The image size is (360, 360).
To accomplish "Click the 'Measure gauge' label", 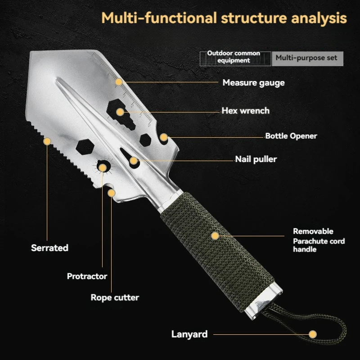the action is coord(253,83).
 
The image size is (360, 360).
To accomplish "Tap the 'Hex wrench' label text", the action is coord(245,111).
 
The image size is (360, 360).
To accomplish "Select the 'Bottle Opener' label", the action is coord(291,136).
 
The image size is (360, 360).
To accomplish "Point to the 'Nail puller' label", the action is coord(256,159).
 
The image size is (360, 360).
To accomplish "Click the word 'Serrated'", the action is coord(49,248).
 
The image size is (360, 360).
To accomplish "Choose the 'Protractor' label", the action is coord(87,276).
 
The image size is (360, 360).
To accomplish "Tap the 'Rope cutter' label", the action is coord(115,297).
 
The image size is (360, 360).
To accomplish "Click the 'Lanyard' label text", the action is coord(189,334).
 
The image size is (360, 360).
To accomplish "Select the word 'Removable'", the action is coord(313,231).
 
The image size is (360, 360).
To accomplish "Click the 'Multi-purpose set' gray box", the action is coord(308,59).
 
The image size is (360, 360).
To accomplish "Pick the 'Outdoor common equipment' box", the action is coord(235,59).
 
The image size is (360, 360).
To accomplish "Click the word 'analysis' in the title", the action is coord(319,18).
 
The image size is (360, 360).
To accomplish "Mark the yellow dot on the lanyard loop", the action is coord(312,334).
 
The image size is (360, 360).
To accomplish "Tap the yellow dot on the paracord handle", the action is coord(215,236).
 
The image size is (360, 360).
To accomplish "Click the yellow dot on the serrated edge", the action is coord(47,141).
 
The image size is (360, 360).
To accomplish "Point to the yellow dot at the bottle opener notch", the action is coord(164,137).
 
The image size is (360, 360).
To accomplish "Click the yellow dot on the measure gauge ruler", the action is coord(119,82).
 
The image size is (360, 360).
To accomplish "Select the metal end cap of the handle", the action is coord(263,301).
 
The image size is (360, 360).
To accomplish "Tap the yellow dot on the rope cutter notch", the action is coord(111,193).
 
